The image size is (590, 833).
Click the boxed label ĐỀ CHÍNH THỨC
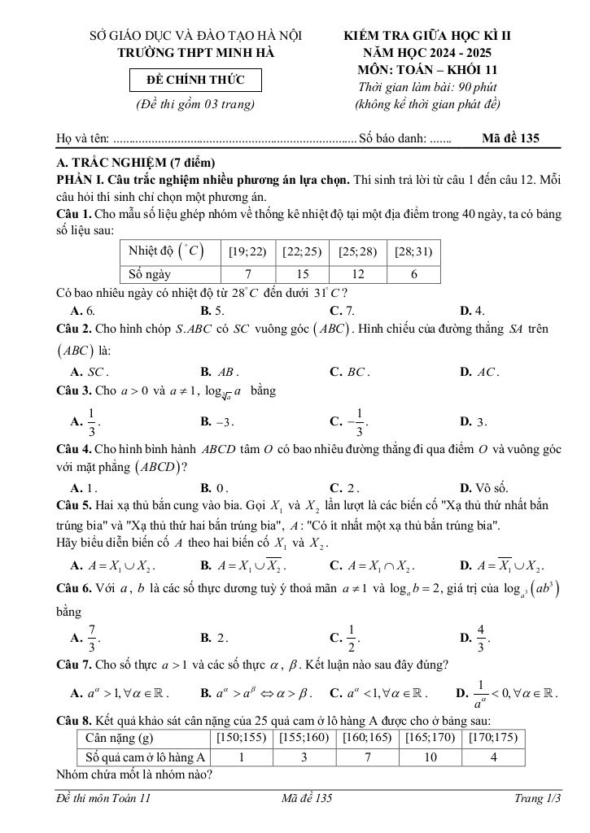(194, 81)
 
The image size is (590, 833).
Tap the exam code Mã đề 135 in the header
(510, 138)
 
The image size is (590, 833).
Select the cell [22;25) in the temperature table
(302, 252)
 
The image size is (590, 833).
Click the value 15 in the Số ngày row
(302, 274)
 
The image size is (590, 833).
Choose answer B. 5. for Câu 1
(212, 310)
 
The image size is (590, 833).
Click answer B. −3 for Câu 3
(217, 421)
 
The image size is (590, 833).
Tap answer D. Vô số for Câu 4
(484, 488)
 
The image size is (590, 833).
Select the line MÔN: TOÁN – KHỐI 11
(427, 70)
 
